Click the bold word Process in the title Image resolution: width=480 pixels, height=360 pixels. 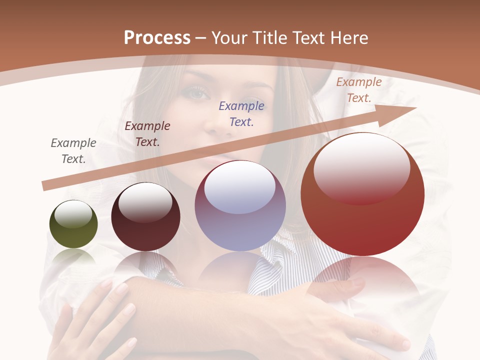[157, 38]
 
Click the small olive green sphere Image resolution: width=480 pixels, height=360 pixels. [73, 224]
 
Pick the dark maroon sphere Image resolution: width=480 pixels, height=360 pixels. [145, 217]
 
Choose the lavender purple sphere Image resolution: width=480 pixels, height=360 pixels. [240, 206]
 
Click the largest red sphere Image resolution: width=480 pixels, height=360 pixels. [362, 195]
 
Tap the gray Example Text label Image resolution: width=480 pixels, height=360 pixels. [73, 151]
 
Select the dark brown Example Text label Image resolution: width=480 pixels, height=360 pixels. [147, 134]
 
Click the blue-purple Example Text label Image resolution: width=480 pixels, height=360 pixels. [241, 114]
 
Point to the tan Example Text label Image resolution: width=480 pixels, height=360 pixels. [359, 90]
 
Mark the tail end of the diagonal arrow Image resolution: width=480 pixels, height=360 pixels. [45, 186]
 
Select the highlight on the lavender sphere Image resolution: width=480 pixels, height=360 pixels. [240, 187]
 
